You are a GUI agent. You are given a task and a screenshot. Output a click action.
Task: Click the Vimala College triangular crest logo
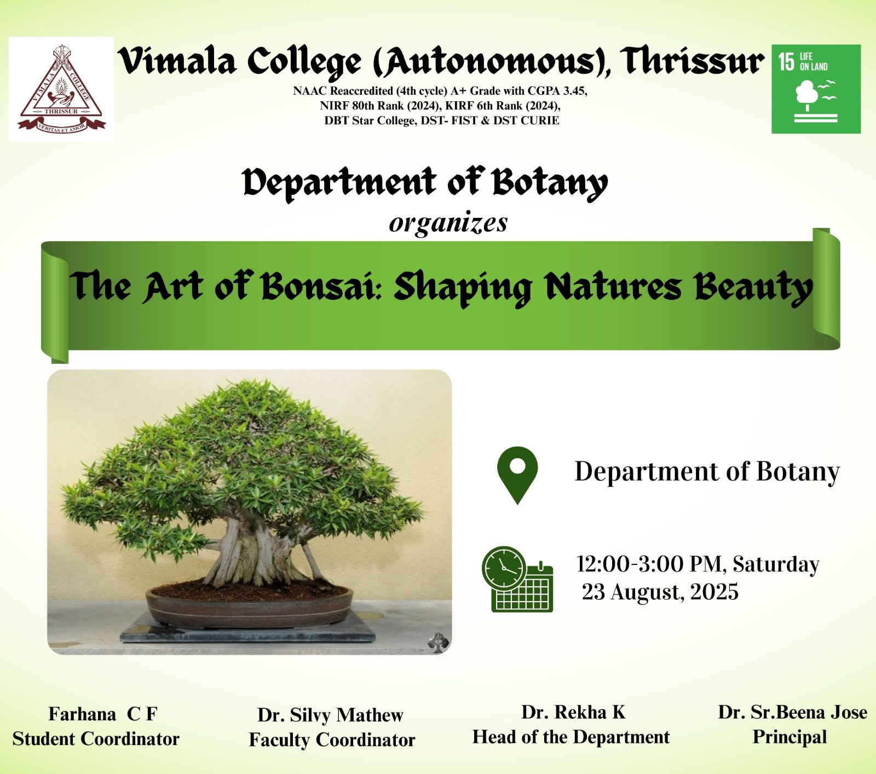[61, 89]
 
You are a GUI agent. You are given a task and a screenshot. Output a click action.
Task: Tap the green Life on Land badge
[816, 89]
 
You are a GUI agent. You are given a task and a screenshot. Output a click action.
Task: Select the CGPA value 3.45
[575, 91]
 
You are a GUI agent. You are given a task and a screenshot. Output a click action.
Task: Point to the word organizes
[448, 223]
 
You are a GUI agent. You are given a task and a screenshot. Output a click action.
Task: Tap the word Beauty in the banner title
[753, 287]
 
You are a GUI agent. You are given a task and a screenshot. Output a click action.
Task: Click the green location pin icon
[517, 475]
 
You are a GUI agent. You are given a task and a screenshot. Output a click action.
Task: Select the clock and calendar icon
[517, 579]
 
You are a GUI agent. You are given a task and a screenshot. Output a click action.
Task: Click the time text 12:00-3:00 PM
[649, 564]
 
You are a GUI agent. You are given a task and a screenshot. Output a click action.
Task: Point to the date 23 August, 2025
[660, 592]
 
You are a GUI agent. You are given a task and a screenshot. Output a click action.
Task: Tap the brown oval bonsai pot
[250, 607]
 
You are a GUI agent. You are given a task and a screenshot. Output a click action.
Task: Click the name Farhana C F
[103, 714]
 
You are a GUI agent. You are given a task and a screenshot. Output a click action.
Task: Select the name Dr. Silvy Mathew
[330, 715]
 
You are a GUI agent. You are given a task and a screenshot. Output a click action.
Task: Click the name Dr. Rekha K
[573, 712]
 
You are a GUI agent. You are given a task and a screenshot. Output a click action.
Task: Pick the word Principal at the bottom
[789, 737]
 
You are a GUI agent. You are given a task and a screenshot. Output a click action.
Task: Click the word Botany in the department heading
[550, 183]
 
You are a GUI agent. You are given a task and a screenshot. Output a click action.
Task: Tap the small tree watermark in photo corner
[437, 642]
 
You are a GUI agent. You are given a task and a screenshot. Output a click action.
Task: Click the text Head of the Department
[571, 737]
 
